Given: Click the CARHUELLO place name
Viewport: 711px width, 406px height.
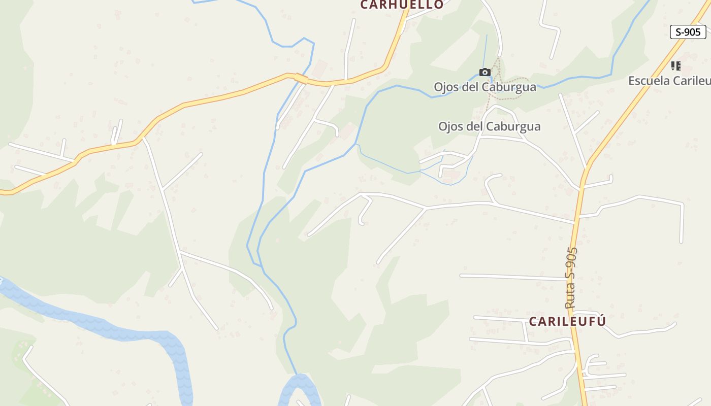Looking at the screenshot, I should click(402, 5).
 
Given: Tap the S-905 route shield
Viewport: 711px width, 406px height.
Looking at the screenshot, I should click(688, 32).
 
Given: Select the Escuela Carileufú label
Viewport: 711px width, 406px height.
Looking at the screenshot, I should click(669, 80).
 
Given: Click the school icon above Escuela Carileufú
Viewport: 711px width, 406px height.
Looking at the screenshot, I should click(675, 66).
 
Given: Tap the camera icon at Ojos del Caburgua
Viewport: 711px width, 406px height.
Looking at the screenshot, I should click(485, 73).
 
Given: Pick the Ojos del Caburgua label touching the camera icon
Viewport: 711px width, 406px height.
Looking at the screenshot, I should click(484, 87).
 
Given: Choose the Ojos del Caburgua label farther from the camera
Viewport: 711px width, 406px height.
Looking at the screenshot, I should click(489, 126).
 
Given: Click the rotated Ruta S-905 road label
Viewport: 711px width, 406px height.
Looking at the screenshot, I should click(571, 278).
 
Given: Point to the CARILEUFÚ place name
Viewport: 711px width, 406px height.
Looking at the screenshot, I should click(567, 321).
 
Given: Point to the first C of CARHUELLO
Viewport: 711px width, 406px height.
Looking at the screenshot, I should click(364, 5).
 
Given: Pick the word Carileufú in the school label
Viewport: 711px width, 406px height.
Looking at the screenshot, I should click(691, 80).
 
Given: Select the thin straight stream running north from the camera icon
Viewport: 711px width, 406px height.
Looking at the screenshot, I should click(486, 51).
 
